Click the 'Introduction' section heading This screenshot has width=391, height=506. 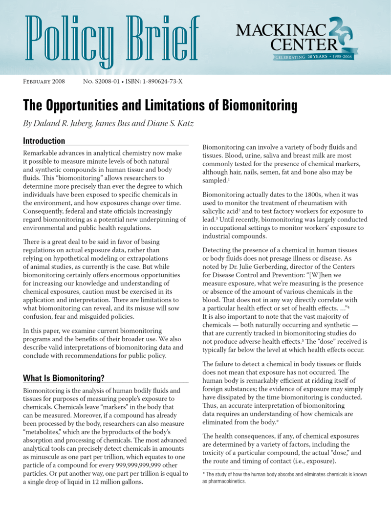pyautogui.click(x=44, y=141)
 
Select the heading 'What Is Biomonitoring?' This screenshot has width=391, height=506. pyautogui.click(x=64, y=378)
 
